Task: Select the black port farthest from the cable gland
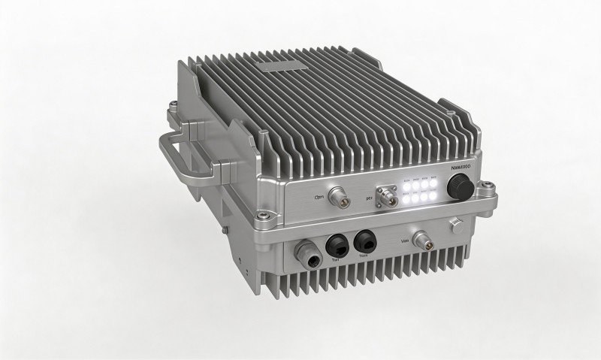[x=365, y=242]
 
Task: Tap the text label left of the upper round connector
[x=318, y=198]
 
